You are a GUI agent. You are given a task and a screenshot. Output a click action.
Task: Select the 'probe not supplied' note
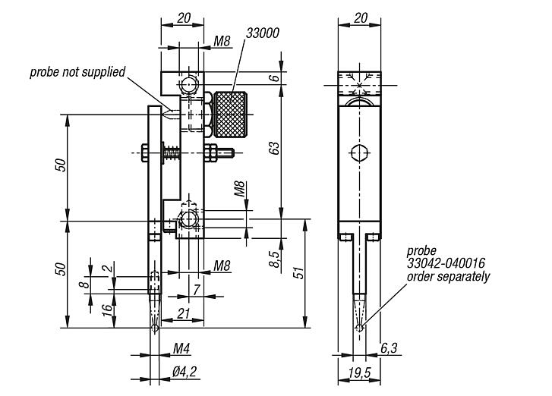[77, 73]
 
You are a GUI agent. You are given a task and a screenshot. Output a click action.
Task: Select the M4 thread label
[181, 349]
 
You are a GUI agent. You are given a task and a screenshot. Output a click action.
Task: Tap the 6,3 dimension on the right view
[387, 349]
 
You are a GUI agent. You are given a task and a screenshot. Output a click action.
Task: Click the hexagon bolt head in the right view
[358, 153]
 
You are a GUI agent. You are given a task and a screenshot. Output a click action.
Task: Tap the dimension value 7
[196, 291]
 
